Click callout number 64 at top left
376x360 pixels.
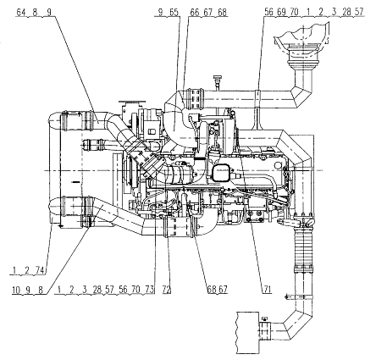21,12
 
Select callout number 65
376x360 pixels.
174,12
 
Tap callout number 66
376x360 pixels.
195,12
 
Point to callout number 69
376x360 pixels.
281,12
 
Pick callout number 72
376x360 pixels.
167,289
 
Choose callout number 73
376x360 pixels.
150,289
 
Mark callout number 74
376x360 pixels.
40,270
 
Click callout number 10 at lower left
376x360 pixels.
16,289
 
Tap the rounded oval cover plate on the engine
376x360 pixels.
220,174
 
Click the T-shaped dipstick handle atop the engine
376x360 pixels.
218,80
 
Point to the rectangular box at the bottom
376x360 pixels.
248,332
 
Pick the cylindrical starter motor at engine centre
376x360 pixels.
180,175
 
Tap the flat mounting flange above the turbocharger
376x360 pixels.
131,102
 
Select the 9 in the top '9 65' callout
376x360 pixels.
161,12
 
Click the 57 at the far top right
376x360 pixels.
358,12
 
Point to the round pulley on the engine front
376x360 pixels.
130,173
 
